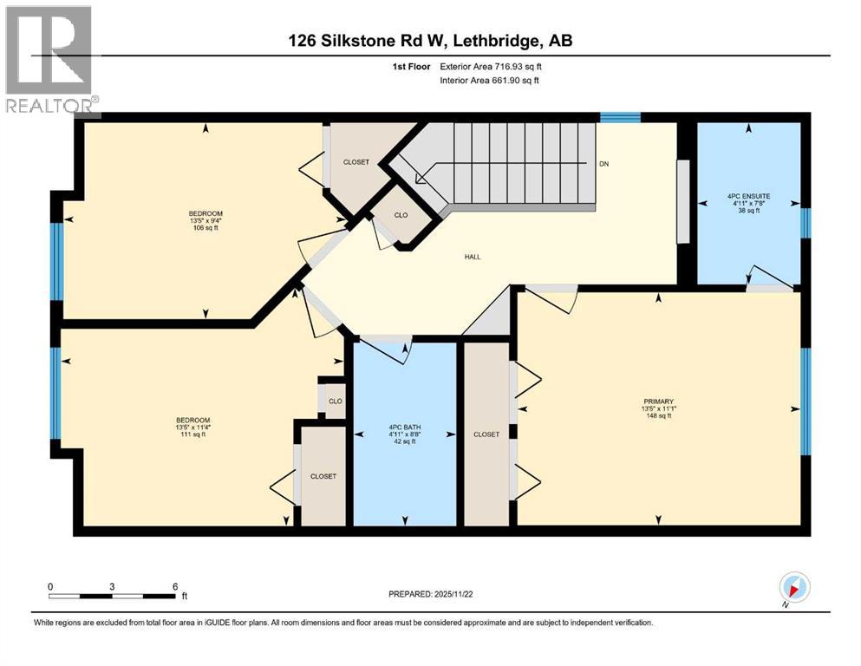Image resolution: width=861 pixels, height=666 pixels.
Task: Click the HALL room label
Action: pyautogui.click(x=473, y=257)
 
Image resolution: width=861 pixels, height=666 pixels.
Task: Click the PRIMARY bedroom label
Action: pyautogui.click(x=658, y=408)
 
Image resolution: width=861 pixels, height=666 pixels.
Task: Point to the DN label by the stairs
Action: pyautogui.click(x=603, y=164)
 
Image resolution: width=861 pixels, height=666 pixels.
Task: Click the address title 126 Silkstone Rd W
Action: pyautogui.click(x=430, y=41)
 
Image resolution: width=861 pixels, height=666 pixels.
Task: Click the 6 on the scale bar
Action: pyautogui.click(x=175, y=586)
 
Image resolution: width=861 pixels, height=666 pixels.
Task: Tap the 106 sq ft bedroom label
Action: pyautogui.click(x=205, y=228)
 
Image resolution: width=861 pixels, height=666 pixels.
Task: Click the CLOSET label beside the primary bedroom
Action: pyautogui.click(x=486, y=434)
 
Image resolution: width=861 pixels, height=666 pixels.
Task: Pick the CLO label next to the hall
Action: pyautogui.click(x=401, y=216)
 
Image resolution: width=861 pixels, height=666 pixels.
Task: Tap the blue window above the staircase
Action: pyautogui.click(x=621, y=117)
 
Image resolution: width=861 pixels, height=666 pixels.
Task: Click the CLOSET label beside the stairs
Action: pyautogui.click(x=355, y=162)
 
